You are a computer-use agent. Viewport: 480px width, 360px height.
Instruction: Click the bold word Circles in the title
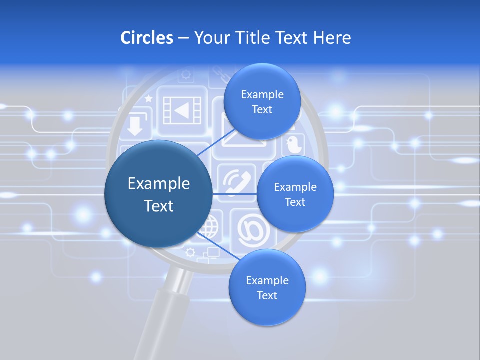(147, 38)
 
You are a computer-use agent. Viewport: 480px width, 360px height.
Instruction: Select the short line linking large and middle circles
(235, 193)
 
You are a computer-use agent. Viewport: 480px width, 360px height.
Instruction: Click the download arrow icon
(134, 126)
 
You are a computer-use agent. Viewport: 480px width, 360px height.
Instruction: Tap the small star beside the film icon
(148, 99)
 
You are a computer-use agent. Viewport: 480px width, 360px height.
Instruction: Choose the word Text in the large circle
(159, 206)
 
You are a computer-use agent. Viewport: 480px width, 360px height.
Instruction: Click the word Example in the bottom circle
(267, 280)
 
